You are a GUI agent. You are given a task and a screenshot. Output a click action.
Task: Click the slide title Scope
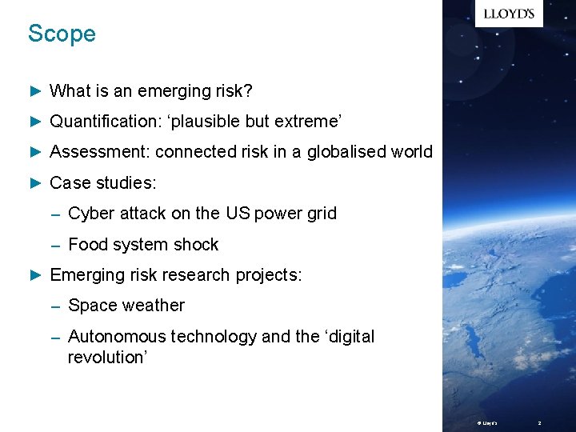click(x=62, y=34)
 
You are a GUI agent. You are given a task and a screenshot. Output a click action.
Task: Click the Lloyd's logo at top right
click(x=509, y=14)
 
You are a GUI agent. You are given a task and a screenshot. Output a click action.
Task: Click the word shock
click(x=197, y=245)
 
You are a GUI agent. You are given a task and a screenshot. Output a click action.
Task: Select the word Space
click(x=91, y=306)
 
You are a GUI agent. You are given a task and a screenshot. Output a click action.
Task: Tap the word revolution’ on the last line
click(x=108, y=357)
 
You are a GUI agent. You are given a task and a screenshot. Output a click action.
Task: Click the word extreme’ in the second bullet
click(x=308, y=122)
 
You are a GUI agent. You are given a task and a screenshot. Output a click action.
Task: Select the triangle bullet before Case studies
click(x=34, y=183)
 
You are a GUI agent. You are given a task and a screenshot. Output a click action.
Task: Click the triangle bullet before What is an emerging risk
click(x=34, y=91)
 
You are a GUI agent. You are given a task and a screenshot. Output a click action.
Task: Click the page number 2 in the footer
click(x=539, y=422)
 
